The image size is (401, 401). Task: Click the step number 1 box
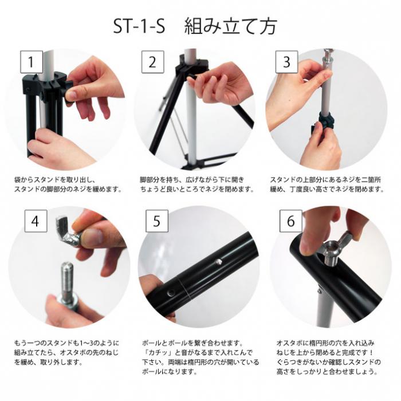click(32, 62)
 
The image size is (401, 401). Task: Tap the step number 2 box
click(153, 62)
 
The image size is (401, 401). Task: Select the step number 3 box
click(286, 62)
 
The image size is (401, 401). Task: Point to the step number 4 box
click(36, 221)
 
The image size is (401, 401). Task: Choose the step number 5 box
click(157, 221)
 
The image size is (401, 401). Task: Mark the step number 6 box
click(291, 221)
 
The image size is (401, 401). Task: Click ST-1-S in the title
click(139, 26)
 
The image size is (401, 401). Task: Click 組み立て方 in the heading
click(230, 26)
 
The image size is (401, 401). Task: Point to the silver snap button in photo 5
click(219, 262)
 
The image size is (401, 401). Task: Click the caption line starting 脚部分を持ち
click(191, 180)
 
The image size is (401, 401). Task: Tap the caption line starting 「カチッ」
click(198, 353)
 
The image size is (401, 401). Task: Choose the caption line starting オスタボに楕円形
click(325, 343)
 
